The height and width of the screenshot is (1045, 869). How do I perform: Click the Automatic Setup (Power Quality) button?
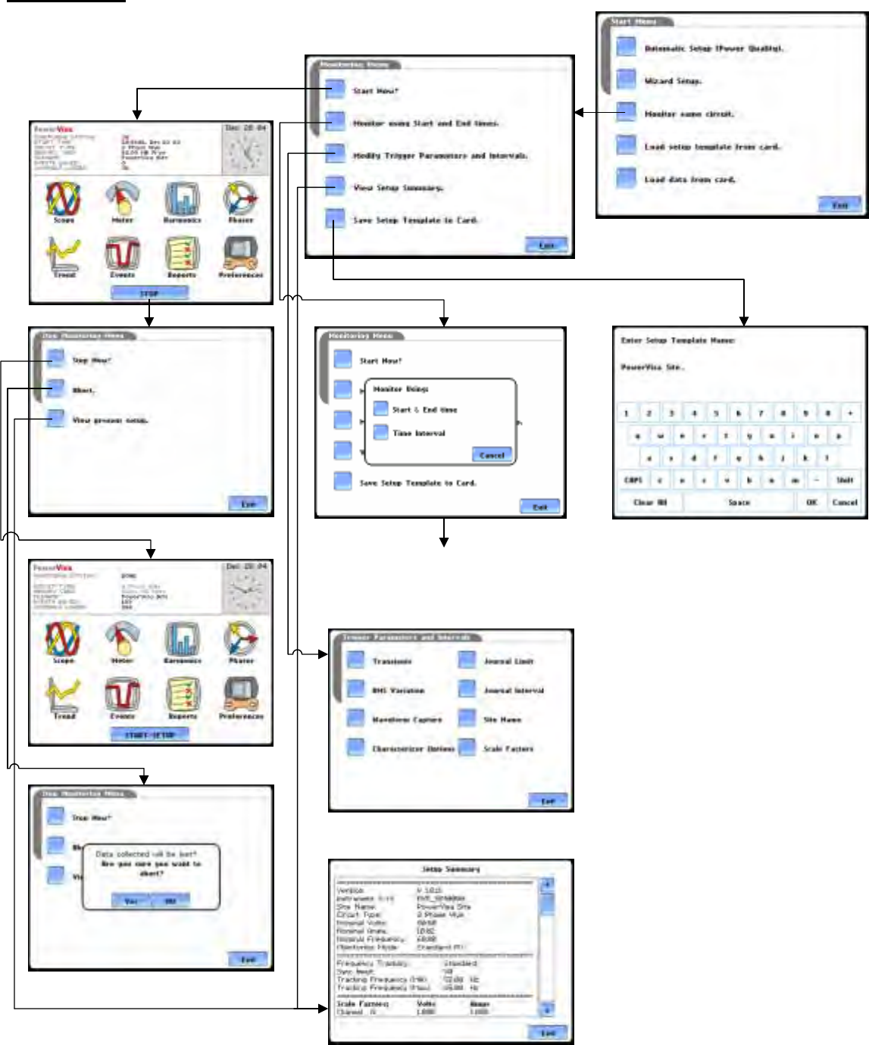(626, 47)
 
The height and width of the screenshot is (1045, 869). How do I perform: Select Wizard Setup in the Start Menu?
(626, 80)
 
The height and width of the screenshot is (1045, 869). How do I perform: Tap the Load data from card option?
(626, 179)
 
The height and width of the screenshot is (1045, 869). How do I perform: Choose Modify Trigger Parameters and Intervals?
(335, 154)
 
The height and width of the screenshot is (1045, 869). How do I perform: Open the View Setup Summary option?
(335, 186)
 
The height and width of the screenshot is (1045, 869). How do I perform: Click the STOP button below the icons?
(149, 293)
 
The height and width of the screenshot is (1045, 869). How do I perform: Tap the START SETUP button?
(149, 735)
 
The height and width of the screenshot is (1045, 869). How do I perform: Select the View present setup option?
(55, 420)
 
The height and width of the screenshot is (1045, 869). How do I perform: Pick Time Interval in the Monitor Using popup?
(381, 433)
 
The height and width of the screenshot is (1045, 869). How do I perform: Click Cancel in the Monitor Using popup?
(492, 454)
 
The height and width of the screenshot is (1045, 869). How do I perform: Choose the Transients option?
(356, 660)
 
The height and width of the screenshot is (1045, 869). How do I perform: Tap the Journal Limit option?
(467, 660)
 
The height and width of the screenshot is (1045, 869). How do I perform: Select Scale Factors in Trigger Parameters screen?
(467, 748)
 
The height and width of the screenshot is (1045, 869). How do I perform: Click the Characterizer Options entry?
(356, 748)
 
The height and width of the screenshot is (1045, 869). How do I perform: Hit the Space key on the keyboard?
(739, 502)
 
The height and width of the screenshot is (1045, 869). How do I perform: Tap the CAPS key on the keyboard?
(633, 480)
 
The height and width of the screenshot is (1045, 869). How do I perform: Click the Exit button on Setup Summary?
(547, 1032)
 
